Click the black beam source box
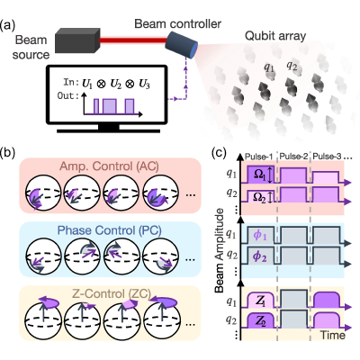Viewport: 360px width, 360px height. tap(77, 40)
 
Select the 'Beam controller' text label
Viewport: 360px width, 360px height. tap(178, 23)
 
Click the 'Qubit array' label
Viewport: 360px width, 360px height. tap(275, 36)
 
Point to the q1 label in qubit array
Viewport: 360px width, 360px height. tap(269, 67)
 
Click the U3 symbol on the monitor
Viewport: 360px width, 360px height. tap(145, 85)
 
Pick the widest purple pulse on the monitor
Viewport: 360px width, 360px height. tap(109, 106)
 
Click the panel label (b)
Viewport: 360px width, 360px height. tap(8, 153)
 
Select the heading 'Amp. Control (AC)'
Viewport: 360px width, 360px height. tap(109, 166)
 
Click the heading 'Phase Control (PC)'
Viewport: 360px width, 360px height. tap(110, 230)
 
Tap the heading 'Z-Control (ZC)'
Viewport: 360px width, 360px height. tap(112, 293)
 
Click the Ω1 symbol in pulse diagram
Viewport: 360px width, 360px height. tap(260, 175)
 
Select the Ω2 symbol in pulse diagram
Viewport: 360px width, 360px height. tap(259, 196)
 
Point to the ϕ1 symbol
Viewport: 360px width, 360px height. tap(260, 236)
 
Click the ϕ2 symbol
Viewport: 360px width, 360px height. tap(260, 256)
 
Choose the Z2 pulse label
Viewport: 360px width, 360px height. tap(260, 321)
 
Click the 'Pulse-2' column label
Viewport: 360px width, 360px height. tap(293, 157)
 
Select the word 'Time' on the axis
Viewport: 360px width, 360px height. tap(333, 335)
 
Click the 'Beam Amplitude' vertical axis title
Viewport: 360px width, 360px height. tap(220, 250)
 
